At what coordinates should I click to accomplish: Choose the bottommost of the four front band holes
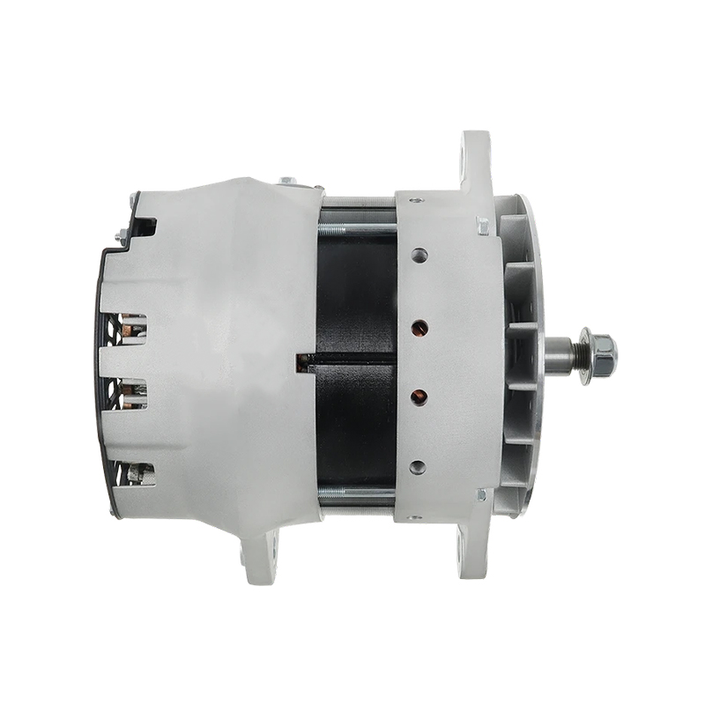419,466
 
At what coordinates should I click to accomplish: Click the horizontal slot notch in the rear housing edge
307,360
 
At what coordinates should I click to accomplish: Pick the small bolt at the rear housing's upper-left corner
122,234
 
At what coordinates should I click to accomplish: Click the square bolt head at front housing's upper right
482,226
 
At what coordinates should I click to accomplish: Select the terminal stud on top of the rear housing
289,182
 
